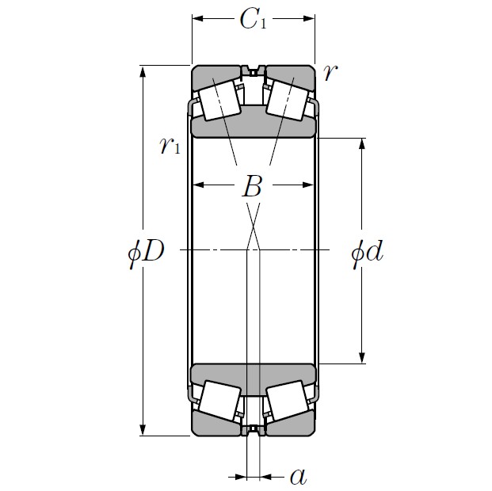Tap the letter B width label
point(252,188)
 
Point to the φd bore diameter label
point(367,253)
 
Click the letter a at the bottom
point(298,476)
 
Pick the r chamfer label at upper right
point(331,72)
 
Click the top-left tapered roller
point(220,100)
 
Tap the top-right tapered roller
point(286,100)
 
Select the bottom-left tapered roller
point(220,401)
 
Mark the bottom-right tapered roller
point(286,401)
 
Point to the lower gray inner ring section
point(254,378)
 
